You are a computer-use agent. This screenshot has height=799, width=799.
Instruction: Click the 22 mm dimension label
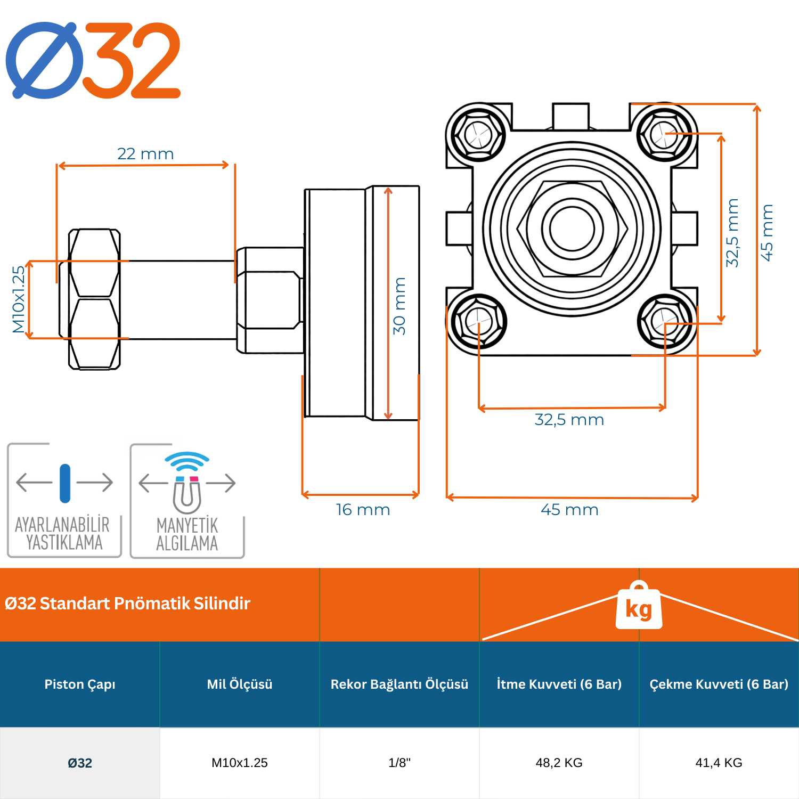(145, 154)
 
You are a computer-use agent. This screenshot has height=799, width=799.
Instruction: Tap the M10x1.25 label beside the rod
(19, 299)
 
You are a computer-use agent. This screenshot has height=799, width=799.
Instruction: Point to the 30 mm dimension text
(399, 306)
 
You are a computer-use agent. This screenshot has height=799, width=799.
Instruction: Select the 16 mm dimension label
(363, 510)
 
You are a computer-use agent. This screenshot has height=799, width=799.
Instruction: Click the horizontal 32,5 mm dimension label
(569, 420)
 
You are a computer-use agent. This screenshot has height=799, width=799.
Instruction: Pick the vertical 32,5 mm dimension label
(732, 233)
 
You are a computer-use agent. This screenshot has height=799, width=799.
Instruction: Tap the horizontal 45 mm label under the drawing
(569, 510)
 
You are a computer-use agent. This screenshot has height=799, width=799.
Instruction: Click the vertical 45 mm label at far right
(767, 233)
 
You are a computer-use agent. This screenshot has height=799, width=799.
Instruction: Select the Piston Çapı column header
(80, 684)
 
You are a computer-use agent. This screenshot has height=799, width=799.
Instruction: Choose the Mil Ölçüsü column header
(240, 684)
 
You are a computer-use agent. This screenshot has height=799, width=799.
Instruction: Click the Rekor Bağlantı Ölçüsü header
(399, 684)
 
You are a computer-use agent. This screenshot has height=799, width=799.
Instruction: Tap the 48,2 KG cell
(559, 763)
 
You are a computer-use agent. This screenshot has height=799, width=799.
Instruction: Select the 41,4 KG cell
(719, 763)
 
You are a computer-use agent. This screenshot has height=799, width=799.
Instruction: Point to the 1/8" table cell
(399, 763)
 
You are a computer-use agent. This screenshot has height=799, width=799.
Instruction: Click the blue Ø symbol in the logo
(45, 60)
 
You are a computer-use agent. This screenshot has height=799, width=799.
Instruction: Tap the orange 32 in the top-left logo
(132, 60)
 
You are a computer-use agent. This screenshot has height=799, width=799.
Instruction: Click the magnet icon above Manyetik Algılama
(187, 493)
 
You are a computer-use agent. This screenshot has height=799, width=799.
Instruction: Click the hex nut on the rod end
(94, 299)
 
